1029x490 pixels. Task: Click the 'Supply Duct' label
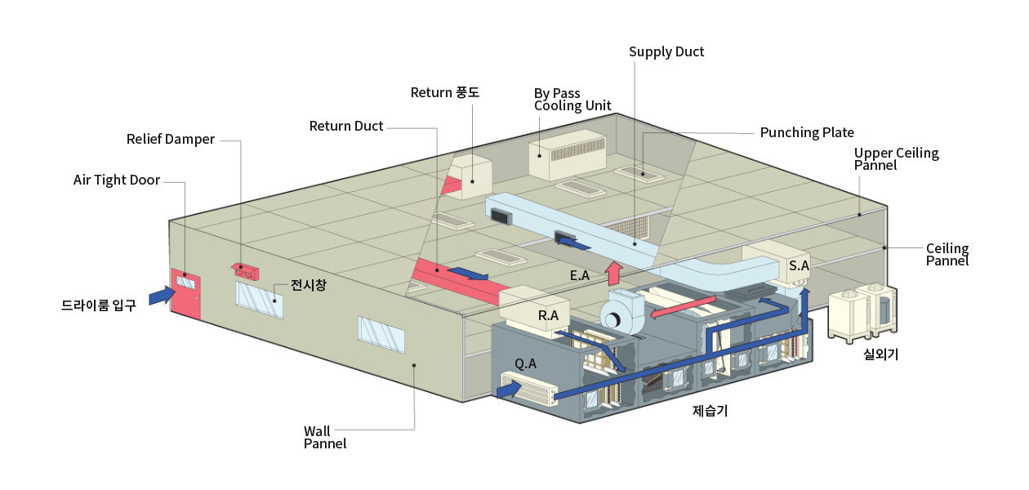click(666, 52)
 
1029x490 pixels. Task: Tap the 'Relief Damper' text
click(171, 139)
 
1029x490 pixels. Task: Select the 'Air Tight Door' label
click(117, 180)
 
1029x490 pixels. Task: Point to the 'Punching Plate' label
click(807, 133)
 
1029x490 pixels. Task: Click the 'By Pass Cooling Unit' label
click(572, 100)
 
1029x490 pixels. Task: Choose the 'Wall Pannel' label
click(325, 438)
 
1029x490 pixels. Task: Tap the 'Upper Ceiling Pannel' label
click(896, 159)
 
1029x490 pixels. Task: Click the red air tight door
click(185, 294)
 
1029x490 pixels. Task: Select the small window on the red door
click(186, 282)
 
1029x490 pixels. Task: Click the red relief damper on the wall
click(245, 271)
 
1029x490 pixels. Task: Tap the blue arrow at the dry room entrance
click(163, 295)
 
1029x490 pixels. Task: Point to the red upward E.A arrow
click(613, 274)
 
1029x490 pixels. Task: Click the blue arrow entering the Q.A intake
click(509, 390)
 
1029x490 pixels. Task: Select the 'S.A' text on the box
click(799, 265)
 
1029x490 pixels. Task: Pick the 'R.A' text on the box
click(548, 315)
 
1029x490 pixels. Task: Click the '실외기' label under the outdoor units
click(880, 354)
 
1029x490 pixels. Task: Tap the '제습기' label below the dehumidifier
click(710, 411)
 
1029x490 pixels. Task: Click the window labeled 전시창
click(259, 300)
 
